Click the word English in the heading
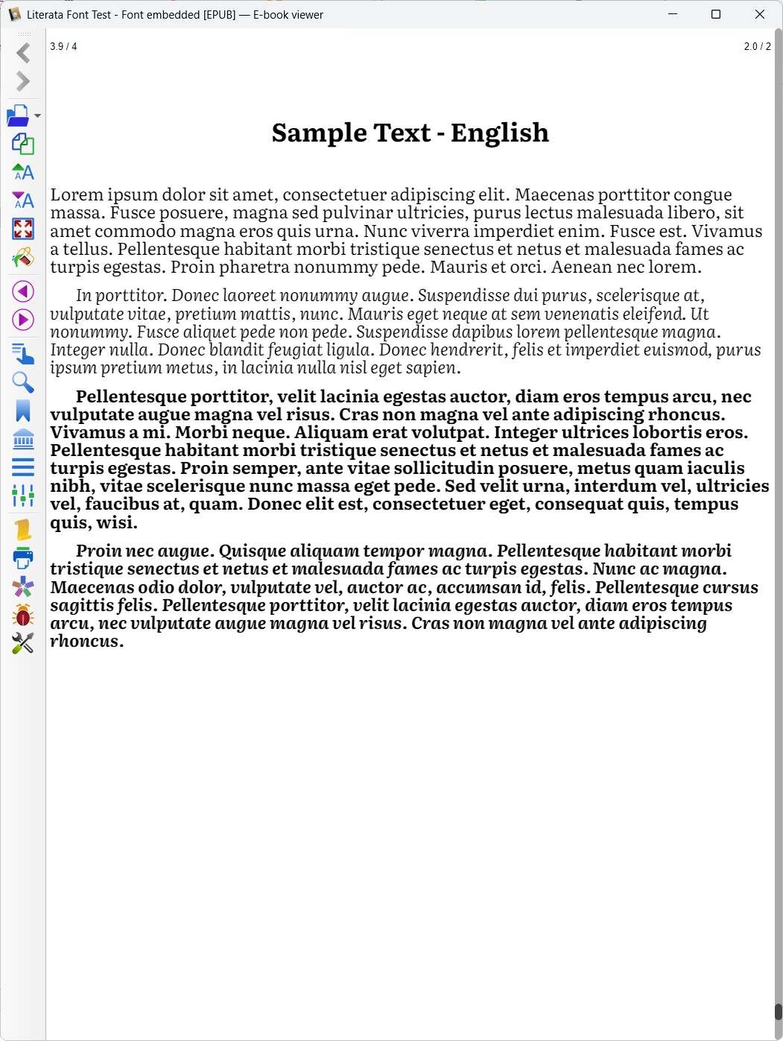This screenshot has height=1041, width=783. click(x=500, y=133)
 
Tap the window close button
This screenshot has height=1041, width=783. click(x=760, y=14)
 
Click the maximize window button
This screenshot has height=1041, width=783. click(x=716, y=14)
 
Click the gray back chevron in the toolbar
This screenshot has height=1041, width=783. click(x=23, y=53)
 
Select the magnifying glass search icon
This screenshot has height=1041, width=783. click(x=23, y=382)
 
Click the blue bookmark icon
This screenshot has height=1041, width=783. click(x=23, y=411)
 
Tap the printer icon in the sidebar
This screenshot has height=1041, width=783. click(x=23, y=558)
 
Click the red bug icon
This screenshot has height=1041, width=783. click(x=23, y=616)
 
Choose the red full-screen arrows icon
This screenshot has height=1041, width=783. click(x=23, y=229)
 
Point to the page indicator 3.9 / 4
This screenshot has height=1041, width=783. click(x=63, y=46)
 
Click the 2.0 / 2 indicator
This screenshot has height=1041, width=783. click(x=757, y=46)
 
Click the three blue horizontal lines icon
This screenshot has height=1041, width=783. click(x=23, y=467)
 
